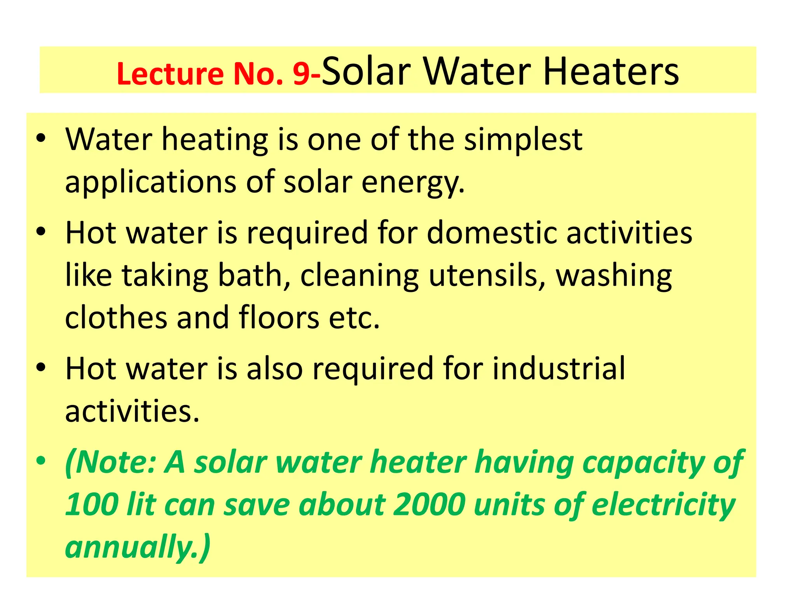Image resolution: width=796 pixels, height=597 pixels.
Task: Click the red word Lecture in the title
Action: pos(169,74)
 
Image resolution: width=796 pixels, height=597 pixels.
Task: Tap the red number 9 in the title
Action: pos(301,74)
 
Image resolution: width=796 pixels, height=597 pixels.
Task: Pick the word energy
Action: pos(413,183)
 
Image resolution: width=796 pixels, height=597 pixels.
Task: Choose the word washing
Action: pos(614,276)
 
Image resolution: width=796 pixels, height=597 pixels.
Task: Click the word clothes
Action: pos(116,318)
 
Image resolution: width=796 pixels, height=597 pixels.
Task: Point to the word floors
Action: pos(279,318)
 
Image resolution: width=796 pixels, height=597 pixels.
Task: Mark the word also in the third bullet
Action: pos(274,368)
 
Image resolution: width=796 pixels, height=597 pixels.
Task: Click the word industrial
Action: pos(559,368)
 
